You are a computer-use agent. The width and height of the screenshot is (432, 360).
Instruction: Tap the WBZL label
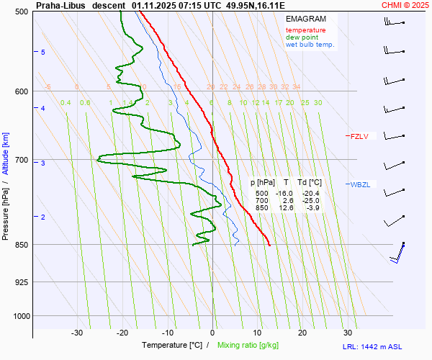[360, 185]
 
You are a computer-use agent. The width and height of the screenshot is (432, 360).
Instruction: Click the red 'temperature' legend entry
[305, 30]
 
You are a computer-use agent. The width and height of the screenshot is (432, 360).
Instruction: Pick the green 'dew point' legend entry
[302, 37]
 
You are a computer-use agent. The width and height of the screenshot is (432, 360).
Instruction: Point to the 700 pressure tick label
[22, 160]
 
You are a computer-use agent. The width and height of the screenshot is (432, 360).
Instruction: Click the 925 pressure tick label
[22, 282]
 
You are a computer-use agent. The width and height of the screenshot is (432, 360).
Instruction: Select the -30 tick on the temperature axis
[77, 333]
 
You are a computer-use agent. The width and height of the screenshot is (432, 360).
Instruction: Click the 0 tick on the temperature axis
[212, 333]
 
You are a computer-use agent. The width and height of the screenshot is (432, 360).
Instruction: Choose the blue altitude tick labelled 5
[43, 53]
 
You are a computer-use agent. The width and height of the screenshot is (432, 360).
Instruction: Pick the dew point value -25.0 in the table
[311, 201]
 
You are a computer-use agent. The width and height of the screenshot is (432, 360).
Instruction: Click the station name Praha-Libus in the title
[60, 5]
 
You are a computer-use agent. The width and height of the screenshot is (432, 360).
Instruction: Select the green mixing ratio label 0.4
[66, 103]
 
